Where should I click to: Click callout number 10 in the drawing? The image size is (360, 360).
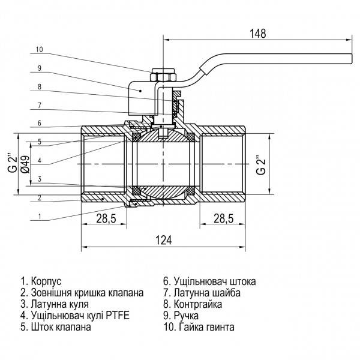40,49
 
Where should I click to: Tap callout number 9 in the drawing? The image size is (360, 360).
40,68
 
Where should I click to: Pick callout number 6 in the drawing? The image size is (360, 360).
40,123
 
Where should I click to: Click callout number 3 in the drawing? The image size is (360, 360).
40,179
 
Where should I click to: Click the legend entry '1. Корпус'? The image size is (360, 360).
41,280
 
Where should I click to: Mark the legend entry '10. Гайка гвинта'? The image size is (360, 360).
199,328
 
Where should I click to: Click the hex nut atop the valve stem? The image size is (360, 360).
163,76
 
